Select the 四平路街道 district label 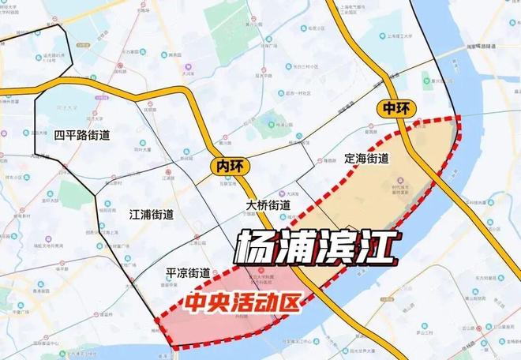82,135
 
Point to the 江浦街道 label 152,214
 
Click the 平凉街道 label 187,273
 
